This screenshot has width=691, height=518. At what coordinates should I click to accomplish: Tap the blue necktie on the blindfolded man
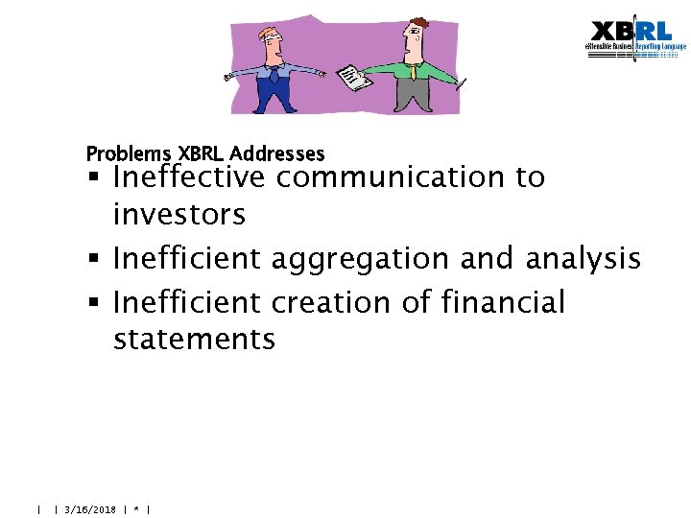tap(274, 71)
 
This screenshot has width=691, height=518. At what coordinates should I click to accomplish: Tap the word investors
tap(179, 215)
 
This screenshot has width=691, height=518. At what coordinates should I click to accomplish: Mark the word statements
tap(194, 340)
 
